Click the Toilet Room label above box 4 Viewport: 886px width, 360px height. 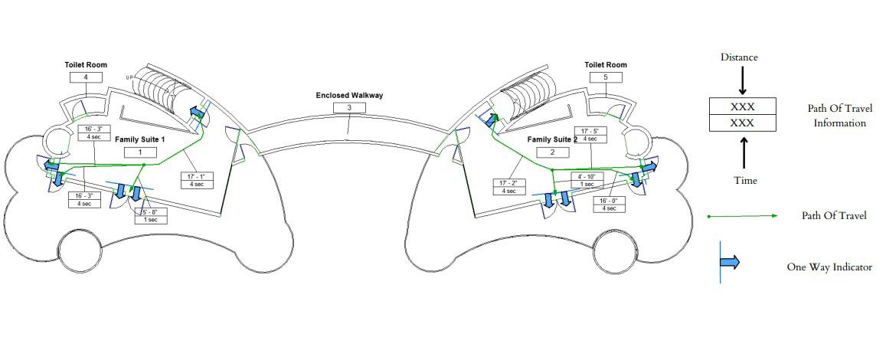pyautogui.click(x=85, y=66)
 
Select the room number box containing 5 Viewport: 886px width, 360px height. pyautogui.click(x=605, y=77)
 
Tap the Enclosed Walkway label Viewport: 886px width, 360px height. pyautogui.click(x=349, y=96)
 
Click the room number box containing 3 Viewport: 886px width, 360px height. pyautogui.click(x=349, y=108)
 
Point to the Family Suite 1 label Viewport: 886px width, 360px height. pyautogui.click(x=140, y=140)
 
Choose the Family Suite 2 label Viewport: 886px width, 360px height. pyautogui.click(x=552, y=140)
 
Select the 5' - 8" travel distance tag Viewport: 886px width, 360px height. pyautogui.click(x=150, y=216)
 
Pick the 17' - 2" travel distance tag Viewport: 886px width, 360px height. pyautogui.click(x=508, y=187)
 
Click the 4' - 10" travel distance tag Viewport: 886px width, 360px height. pyautogui.click(x=587, y=180)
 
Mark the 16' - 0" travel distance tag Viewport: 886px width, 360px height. pyautogui.click(x=610, y=205)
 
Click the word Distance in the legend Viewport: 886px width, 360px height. pyautogui.click(x=740, y=57)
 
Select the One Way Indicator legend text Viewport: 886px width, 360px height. pyautogui.click(x=829, y=267)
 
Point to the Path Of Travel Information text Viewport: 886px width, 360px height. pyautogui.click(x=839, y=116)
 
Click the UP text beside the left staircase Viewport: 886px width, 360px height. pyautogui.click(x=129, y=77)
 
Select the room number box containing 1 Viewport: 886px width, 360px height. pyautogui.click(x=141, y=152)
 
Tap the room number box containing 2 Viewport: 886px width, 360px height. pyautogui.click(x=552, y=152)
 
